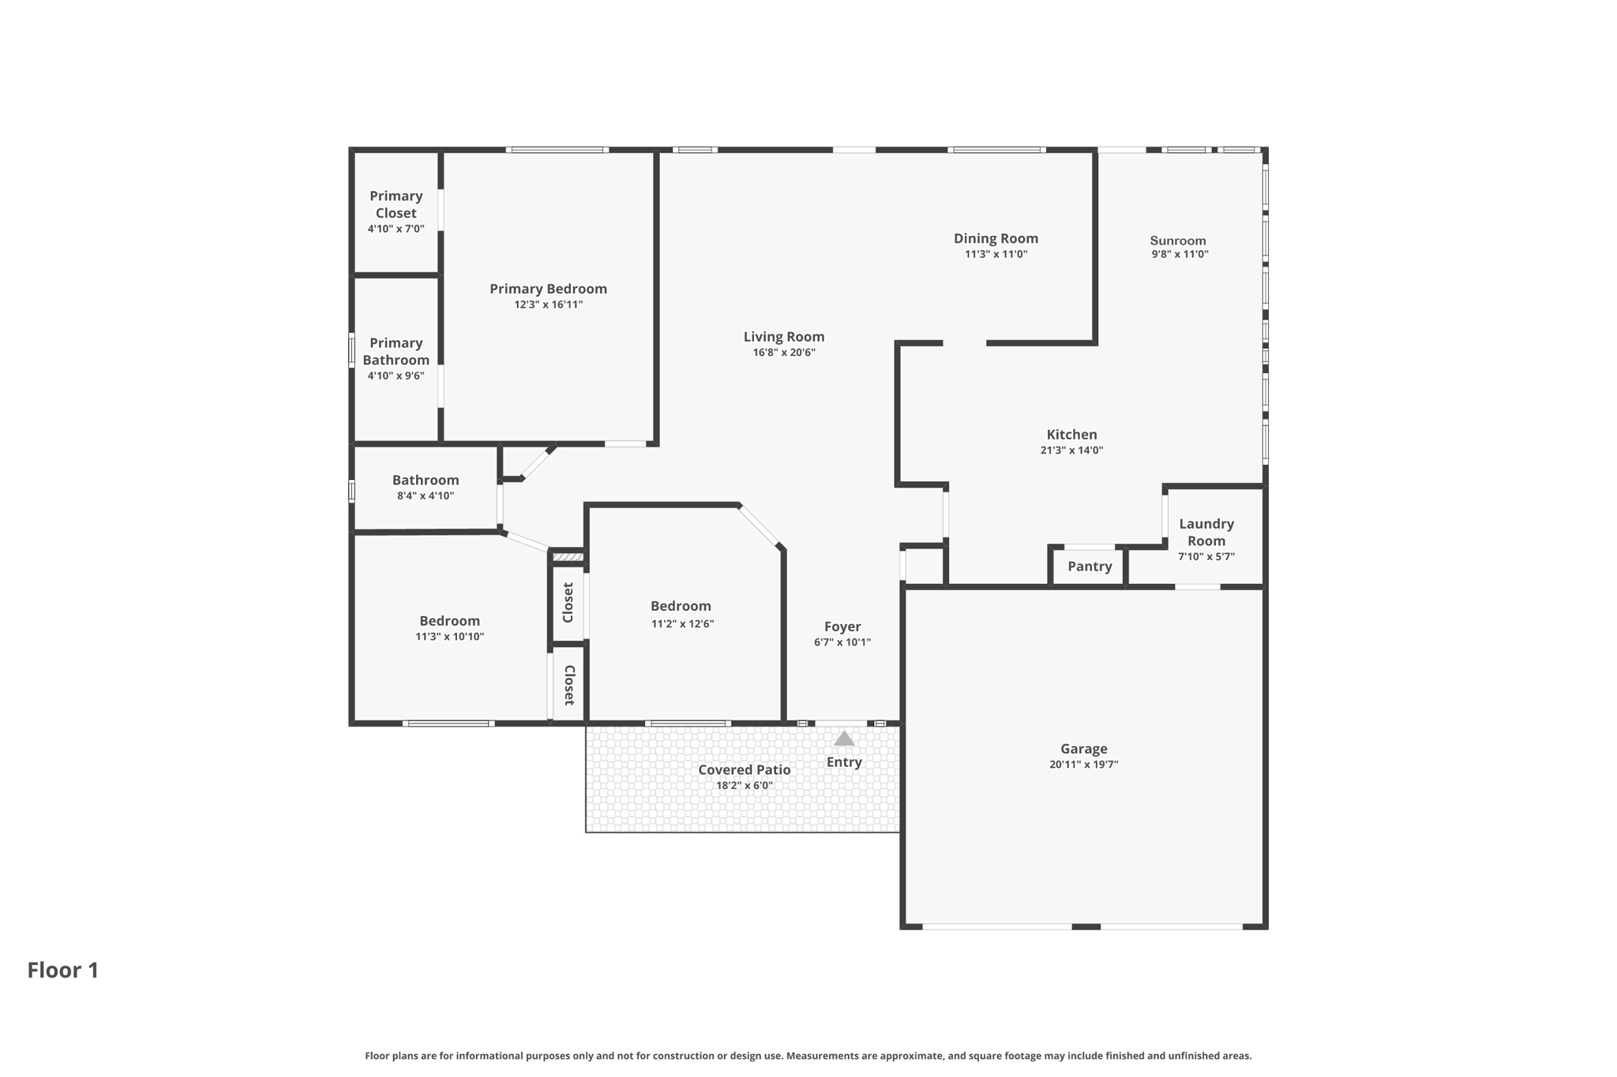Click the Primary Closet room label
coord(396,204)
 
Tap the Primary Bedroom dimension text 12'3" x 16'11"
coord(548,305)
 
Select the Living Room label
coord(784,337)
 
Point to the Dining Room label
coord(996,238)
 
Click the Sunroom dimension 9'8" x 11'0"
coord(1180,254)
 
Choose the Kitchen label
coord(1071,435)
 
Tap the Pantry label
coord(1090,567)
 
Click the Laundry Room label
coord(1206,533)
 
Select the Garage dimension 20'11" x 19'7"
coord(1083,765)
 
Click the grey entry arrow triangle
coord(844,739)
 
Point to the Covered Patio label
coord(744,770)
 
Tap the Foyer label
coord(842,626)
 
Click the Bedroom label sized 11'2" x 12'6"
coord(681,606)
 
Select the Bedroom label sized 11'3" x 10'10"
coord(449,621)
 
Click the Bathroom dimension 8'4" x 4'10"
coord(426,496)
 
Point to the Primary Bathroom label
coord(396,351)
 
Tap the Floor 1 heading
coord(63,970)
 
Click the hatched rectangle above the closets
coord(568,558)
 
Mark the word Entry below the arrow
coord(844,762)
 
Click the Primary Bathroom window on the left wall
coord(352,350)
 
